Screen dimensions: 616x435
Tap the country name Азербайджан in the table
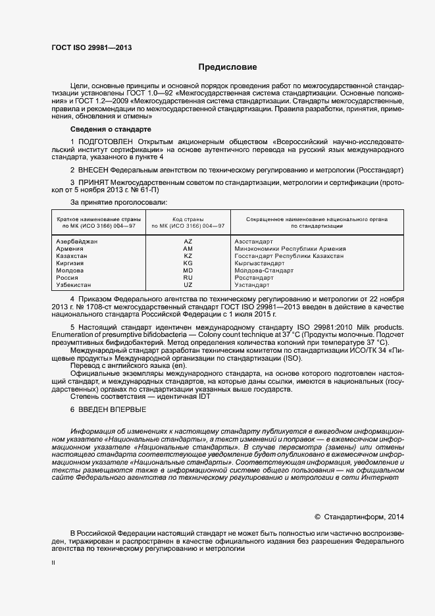click(x=77, y=242)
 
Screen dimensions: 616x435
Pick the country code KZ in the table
click(x=188, y=256)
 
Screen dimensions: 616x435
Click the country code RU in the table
click(x=188, y=278)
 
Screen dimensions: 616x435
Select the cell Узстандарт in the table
click(x=252, y=285)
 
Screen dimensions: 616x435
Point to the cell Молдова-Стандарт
click(x=264, y=270)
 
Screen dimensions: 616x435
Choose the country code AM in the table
click(x=188, y=249)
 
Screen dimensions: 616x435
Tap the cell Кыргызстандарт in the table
click(x=259, y=263)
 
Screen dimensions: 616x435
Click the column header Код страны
click(x=188, y=218)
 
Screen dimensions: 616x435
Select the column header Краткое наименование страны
click(x=96, y=218)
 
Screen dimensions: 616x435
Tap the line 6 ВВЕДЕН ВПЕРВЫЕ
click(x=104, y=410)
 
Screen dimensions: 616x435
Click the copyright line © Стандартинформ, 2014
click(x=359, y=517)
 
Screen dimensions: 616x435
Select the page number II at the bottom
click(x=53, y=564)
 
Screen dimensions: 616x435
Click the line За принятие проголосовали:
click(x=118, y=201)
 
